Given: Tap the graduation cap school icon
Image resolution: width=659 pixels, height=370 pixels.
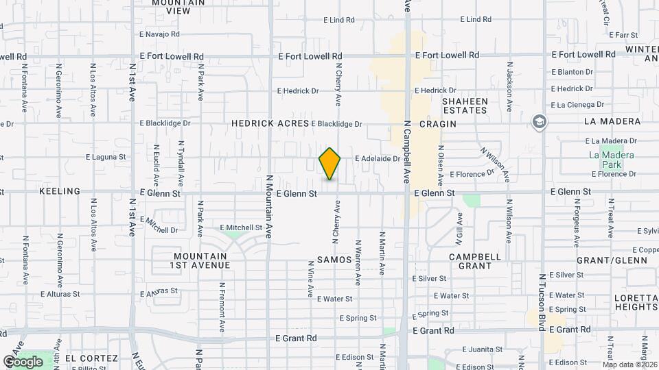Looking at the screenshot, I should click(540, 122).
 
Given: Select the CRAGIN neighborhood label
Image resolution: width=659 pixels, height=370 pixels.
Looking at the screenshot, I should click(437, 123).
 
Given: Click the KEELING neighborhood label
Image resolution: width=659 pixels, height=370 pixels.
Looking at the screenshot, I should click(60, 191).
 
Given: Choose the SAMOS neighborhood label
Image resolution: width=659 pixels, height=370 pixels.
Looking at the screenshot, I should click(334, 260).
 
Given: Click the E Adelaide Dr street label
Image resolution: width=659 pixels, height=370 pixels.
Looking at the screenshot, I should click(378, 158).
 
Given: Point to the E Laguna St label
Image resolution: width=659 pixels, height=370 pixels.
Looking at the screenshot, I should click(106, 157).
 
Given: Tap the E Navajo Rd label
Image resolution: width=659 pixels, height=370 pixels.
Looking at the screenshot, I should click(159, 34).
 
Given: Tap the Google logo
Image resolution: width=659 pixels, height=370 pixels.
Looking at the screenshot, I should click(23, 361).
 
